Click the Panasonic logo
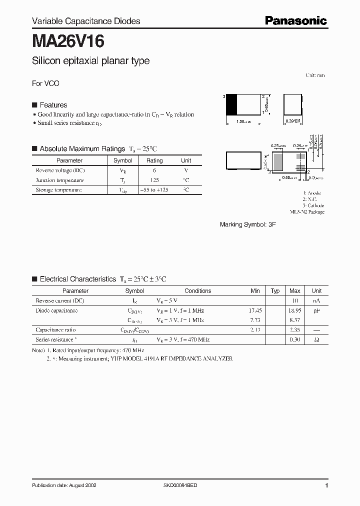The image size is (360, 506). [295, 20]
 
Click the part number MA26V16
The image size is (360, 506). [68, 40]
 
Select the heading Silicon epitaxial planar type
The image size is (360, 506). [90, 61]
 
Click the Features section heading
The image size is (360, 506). [53, 105]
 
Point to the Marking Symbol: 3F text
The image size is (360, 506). [248, 225]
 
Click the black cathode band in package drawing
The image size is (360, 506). [232, 105]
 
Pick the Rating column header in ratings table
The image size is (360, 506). [154, 160]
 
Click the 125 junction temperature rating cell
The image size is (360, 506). [154, 180]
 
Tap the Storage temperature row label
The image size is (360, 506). [58, 190]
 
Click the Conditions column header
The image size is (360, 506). [197, 290]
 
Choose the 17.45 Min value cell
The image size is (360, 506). [255, 310]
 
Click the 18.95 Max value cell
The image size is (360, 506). [294, 310]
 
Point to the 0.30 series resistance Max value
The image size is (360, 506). [294, 340]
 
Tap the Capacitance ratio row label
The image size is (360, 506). [56, 330]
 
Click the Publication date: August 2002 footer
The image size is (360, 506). [64, 485]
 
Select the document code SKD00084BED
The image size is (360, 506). [180, 485]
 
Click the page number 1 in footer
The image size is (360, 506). [326, 485]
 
